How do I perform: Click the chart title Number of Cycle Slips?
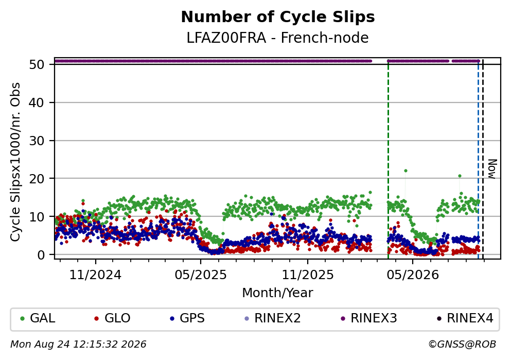point(278,17)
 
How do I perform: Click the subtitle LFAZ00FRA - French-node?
point(277,38)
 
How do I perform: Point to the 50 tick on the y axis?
point(37,64)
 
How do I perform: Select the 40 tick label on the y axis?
point(37,102)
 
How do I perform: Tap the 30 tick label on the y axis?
point(37,141)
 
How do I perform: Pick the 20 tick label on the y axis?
point(37,178)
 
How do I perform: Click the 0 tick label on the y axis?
point(41,254)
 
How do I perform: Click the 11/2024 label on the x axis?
point(95,275)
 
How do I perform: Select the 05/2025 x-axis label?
point(200,275)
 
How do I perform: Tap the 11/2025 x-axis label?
point(308,275)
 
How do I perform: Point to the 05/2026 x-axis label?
point(413,275)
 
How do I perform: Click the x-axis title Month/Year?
point(277,293)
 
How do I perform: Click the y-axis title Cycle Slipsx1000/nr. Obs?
point(15,162)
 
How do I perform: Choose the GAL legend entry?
point(38,318)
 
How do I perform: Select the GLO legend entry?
point(112,318)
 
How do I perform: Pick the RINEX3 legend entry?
point(369,318)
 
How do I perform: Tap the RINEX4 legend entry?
point(465,318)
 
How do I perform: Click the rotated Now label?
point(492,169)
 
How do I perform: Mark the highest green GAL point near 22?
point(406,171)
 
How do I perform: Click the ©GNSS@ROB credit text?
point(462,345)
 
